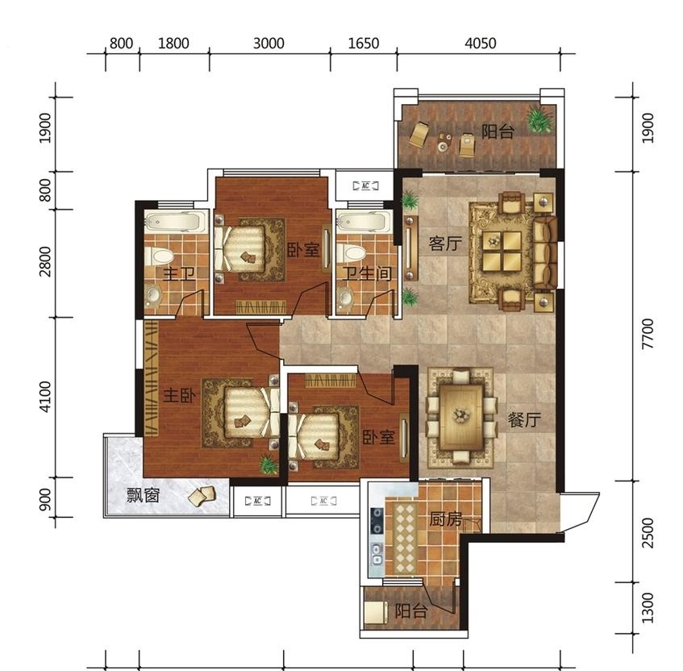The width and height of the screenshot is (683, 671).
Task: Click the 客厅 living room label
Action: (445, 244)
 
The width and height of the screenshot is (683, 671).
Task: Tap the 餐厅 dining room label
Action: (524, 419)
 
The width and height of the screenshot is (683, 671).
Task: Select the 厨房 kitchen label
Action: (445, 519)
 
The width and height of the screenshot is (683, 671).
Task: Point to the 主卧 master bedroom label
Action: (180, 396)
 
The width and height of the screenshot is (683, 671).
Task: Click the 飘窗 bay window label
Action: (144, 495)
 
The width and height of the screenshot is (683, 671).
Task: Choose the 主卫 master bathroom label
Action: (178, 274)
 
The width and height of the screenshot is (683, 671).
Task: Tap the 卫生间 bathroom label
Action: (366, 274)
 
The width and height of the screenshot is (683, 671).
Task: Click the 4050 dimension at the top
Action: (480, 43)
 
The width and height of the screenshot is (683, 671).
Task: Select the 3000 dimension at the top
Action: (269, 43)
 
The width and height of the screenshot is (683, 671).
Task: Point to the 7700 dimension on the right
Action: (648, 333)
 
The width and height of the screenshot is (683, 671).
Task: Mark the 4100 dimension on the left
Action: (45, 397)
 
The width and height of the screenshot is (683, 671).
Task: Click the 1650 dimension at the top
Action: (364, 43)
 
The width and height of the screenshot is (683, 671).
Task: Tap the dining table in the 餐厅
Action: (462, 417)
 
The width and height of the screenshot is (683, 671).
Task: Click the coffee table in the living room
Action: (502, 251)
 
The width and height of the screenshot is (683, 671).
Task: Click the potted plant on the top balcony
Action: (540, 119)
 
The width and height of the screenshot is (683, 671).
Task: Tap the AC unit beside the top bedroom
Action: (365, 185)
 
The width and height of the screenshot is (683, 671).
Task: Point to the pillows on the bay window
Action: (202, 496)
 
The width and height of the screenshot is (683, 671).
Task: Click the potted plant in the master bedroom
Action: (269, 465)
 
